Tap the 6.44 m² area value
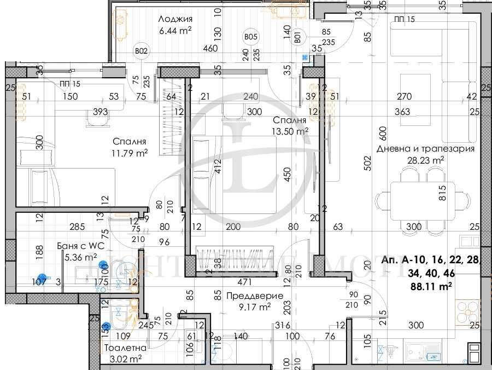(x=175, y=31)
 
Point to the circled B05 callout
(x=250, y=37)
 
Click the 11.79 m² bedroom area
(x=130, y=154)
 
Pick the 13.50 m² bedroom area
(x=291, y=131)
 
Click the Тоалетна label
(x=127, y=348)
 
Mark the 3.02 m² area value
(x=127, y=359)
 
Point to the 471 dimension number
(x=244, y=283)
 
